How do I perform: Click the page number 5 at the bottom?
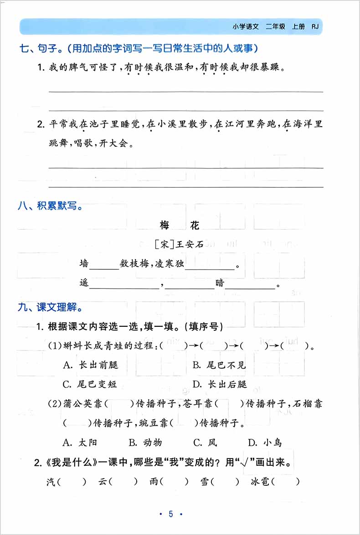171,514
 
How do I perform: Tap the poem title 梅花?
180,225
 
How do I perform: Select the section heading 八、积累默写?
51,206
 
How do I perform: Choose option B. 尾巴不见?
219,365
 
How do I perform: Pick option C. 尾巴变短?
90,384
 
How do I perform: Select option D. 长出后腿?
220,384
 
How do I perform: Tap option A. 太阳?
80,442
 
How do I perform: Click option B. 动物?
145,442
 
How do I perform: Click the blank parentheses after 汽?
72,481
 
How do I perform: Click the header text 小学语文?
246,27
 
